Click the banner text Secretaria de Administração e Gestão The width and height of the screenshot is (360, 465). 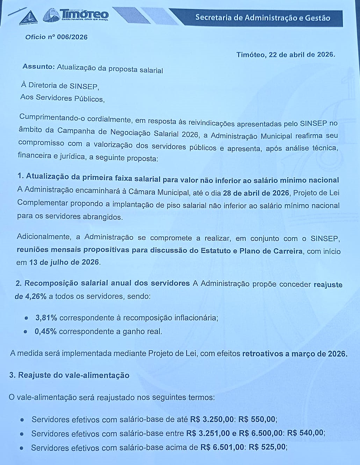click(262, 18)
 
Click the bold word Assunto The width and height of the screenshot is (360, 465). click(38, 67)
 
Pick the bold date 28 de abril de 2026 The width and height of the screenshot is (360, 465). click(256, 193)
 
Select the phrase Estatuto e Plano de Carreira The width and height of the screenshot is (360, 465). click(252, 251)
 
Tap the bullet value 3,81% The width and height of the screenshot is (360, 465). click(46, 318)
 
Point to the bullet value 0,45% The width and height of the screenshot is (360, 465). click(46, 331)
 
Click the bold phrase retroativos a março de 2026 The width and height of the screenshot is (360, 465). click(295, 353)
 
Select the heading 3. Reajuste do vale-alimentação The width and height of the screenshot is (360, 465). click(69, 375)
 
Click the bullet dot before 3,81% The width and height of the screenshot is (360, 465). click(27, 318)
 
